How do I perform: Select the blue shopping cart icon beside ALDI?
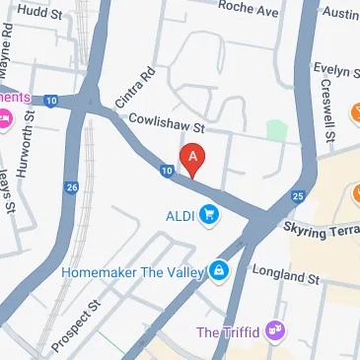coord(208,214)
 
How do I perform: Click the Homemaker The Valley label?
coord(133,269)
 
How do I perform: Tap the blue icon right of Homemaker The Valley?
coord(219,269)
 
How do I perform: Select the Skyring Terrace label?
coord(321,229)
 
